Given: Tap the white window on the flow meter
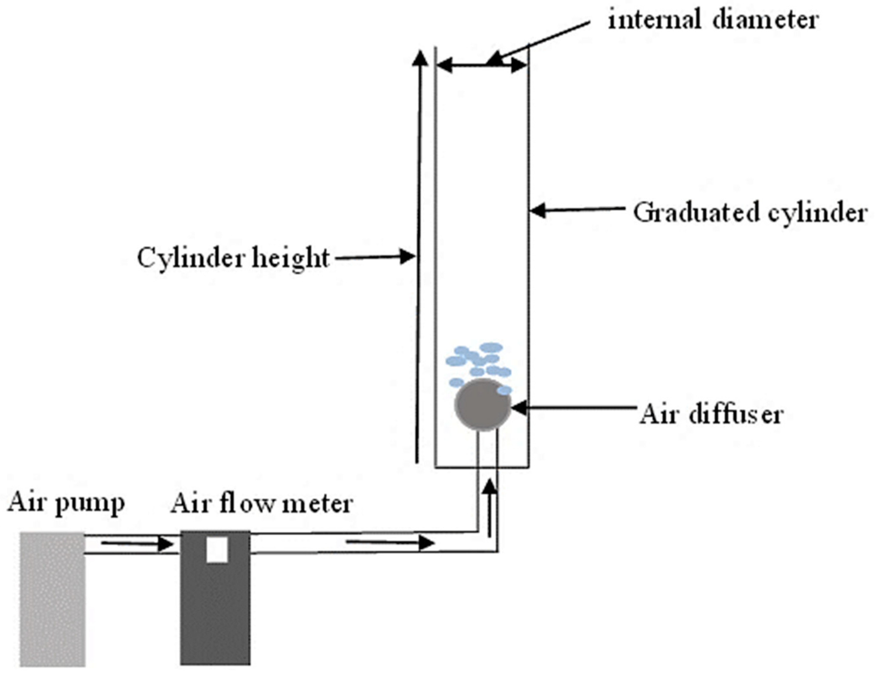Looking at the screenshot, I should click(x=217, y=550).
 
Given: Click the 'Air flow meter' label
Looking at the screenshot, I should click(x=262, y=504).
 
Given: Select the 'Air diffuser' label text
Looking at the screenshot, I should click(x=711, y=414).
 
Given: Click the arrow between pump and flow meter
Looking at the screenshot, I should click(x=137, y=544).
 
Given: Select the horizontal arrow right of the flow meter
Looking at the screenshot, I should click(x=390, y=543).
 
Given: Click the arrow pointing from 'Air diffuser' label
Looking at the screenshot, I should click(x=574, y=408).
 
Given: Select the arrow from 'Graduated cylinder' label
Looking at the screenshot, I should click(x=577, y=209).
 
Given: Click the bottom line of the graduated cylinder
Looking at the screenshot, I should click(x=481, y=467).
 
